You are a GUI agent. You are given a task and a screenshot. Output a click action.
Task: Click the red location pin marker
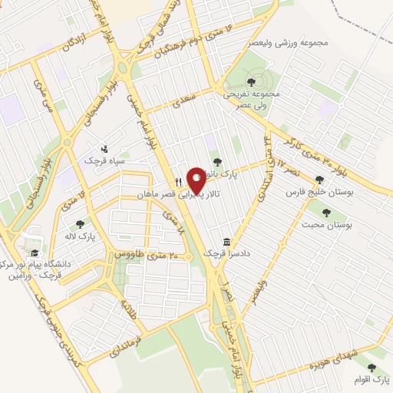[x=196, y=180]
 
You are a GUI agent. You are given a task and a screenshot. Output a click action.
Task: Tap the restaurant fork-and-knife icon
[x=179, y=182]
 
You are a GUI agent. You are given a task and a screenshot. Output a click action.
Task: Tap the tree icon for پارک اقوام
[x=372, y=368]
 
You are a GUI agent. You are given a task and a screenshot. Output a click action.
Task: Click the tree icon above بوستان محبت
[x=326, y=213]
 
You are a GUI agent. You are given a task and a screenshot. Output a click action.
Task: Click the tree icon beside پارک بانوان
[x=217, y=162]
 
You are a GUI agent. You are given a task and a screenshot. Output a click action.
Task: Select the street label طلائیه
[x=127, y=310]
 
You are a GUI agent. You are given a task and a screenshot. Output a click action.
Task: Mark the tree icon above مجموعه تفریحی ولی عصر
[x=253, y=81]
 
